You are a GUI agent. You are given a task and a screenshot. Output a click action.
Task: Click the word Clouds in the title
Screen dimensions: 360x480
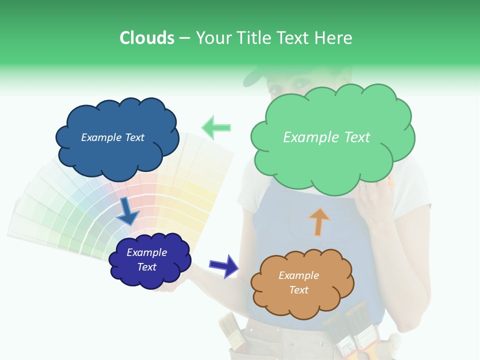tap(146, 38)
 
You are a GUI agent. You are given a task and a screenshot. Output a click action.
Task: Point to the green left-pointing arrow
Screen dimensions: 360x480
tap(216, 127)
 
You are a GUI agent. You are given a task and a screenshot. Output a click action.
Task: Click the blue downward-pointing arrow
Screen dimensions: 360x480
tap(127, 211)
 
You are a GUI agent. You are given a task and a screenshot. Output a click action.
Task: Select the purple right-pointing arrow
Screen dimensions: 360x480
tap(223, 265)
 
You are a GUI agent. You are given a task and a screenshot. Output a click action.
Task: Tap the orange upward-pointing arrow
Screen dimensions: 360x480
tap(319, 221)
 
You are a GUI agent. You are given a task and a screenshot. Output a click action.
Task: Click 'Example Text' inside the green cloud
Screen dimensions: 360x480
tap(326, 137)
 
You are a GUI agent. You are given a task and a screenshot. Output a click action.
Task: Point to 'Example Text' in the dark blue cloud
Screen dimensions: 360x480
tap(112, 137)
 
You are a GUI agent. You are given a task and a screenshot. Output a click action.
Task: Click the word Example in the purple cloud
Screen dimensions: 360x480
tap(146, 252)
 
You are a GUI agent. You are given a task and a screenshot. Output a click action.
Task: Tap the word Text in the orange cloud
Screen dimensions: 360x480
tap(298, 290)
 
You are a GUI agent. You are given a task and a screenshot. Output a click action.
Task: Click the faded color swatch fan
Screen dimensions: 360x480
tap(75, 210)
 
